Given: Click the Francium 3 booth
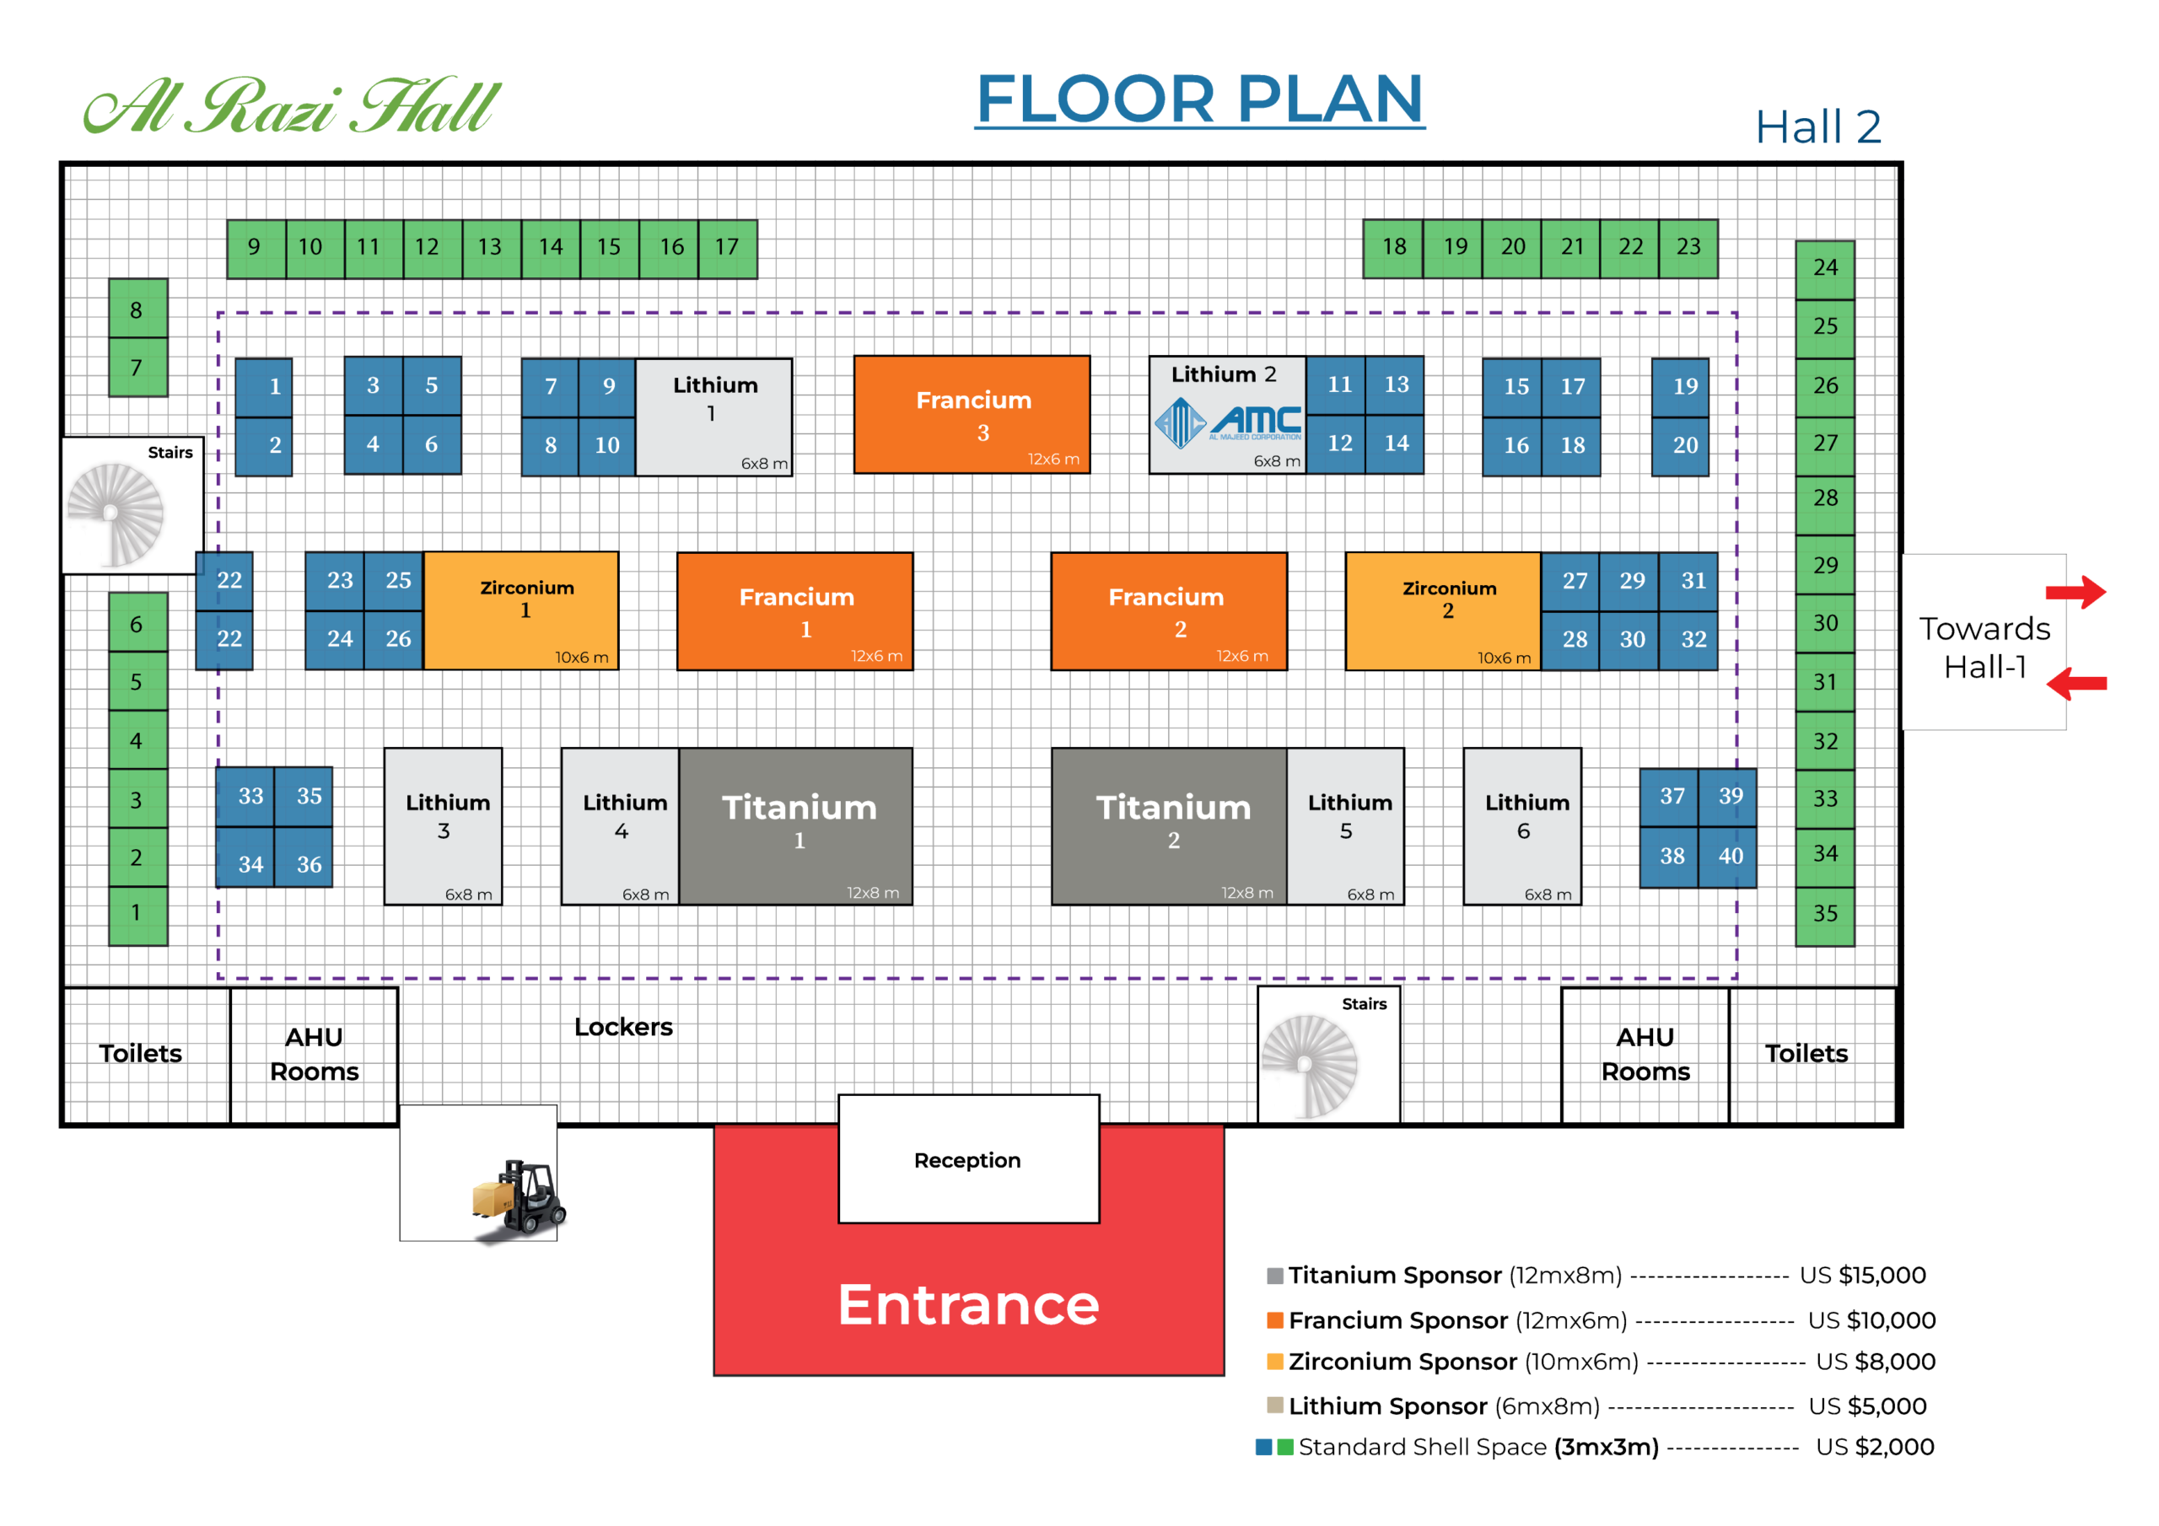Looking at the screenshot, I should coord(972,415).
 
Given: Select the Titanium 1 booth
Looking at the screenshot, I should coord(795,825).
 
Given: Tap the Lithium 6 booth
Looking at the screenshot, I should coord(1521,825).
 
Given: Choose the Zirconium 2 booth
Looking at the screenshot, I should coord(1442,610).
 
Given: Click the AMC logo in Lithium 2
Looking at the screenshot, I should coord(1227,422).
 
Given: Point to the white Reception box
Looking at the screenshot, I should coord(968,1159).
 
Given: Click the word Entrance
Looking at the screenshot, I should coord(968,1304).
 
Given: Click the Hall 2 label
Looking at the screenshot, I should coord(1817,127).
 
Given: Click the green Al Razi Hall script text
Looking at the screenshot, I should coord(292,105).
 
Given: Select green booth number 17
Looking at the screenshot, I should coord(727,248).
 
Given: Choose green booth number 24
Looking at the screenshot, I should coord(1824,269).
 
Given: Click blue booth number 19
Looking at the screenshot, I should coord(1682,386).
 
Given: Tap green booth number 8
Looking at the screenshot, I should coord(137,309).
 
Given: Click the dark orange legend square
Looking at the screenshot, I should coord(1275,1319).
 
